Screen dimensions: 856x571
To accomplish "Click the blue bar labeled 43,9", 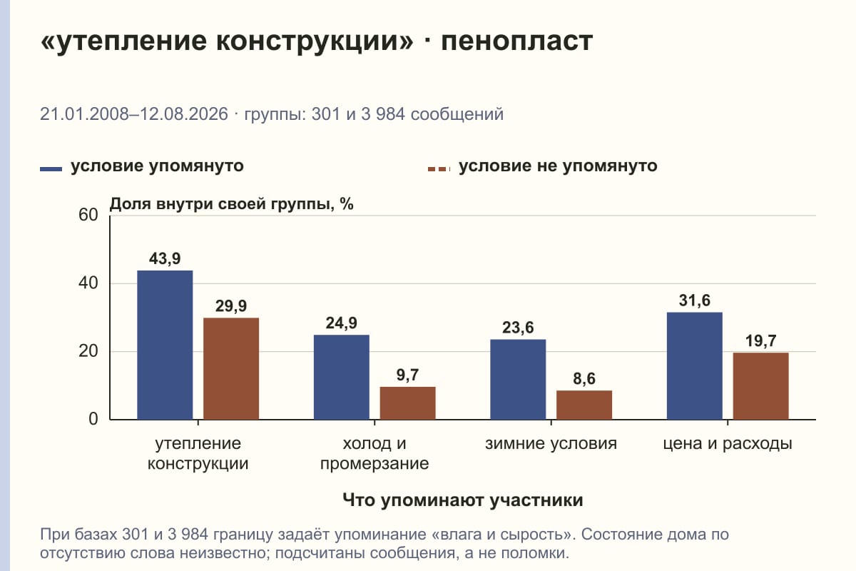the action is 165,345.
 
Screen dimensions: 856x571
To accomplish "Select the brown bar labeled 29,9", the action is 231,369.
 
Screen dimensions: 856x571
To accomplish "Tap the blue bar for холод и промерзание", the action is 342,377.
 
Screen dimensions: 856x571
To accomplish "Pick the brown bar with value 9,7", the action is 408,403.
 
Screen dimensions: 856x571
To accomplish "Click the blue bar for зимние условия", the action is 518,380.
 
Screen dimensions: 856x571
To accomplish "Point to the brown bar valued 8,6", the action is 584,405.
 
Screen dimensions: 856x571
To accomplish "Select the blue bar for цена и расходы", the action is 695,366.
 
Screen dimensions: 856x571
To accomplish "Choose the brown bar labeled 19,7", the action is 761,386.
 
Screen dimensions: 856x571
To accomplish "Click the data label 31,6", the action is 695,300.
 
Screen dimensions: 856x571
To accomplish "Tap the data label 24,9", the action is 342,323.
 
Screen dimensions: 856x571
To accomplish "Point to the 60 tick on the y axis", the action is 88,215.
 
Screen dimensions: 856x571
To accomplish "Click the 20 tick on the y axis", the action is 88,351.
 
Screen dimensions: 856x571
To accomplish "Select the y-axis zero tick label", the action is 93,420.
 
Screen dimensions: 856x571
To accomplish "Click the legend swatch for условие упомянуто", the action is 51,169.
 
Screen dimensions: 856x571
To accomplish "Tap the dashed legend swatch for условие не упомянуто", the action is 439,169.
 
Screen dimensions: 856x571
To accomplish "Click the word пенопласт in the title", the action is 517,41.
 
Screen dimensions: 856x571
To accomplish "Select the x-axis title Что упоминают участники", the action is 463,500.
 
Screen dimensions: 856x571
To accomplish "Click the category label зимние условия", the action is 551,444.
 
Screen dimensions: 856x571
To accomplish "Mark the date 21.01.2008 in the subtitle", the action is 84,114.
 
